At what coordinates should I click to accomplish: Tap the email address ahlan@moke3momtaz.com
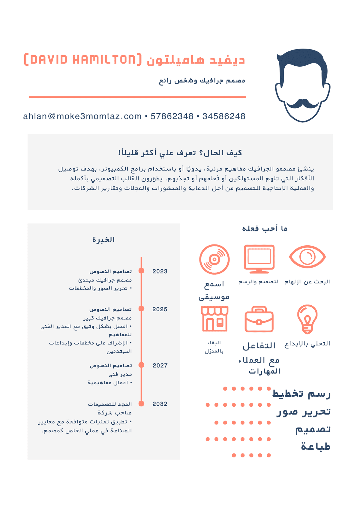[x=82, y=116]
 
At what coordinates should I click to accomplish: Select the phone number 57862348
[x=172, y=116]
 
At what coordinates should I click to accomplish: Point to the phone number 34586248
[x=224, y=116]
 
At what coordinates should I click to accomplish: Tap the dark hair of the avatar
[x=302, y=60]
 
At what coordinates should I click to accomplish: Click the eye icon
[x=307, y=257]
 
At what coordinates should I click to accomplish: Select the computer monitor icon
[x=259, y=259]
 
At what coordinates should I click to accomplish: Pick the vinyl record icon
[x=214, y=259]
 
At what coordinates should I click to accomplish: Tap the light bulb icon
[x=307, y=319]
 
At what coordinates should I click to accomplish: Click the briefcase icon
[x=259, y=319]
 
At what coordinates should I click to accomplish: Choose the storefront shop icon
[x=214, y=319]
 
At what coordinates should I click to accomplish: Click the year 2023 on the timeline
[x=160, y=271]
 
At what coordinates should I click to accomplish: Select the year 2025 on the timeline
[x=160, y=309]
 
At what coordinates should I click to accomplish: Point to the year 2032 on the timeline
[x=160, y=404]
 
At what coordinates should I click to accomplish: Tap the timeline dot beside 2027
[x=142, y=365]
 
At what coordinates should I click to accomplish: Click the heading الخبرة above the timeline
[x=103, y=240]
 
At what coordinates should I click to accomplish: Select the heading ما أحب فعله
[x=265, y=229]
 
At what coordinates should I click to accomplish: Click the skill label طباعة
[x=316, y=447]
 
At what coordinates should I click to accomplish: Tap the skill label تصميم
[x=313, y=429]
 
